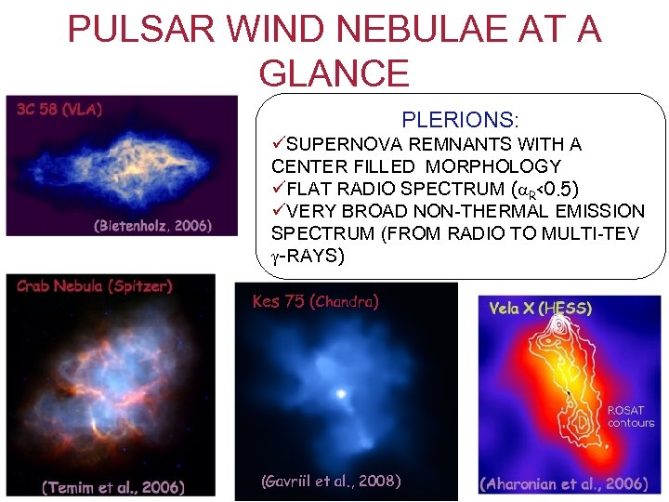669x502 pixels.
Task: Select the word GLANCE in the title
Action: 334,73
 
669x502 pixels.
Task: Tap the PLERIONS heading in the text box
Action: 459,120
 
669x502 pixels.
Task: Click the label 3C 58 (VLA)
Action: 60,108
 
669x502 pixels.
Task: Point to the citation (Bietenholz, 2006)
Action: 153,225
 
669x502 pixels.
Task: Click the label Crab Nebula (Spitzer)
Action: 95,285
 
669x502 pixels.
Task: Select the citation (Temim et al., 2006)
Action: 113,486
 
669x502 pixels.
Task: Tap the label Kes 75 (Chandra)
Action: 316,301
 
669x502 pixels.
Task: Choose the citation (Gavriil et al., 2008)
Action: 332,481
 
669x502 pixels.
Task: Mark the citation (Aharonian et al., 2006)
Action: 563,483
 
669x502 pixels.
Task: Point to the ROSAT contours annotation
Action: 631,416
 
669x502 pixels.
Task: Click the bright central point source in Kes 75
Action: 341,394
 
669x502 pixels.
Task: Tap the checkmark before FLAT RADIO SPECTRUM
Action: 278,189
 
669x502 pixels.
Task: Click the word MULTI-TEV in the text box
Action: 597,233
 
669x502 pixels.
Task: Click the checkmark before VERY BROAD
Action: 278,211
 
